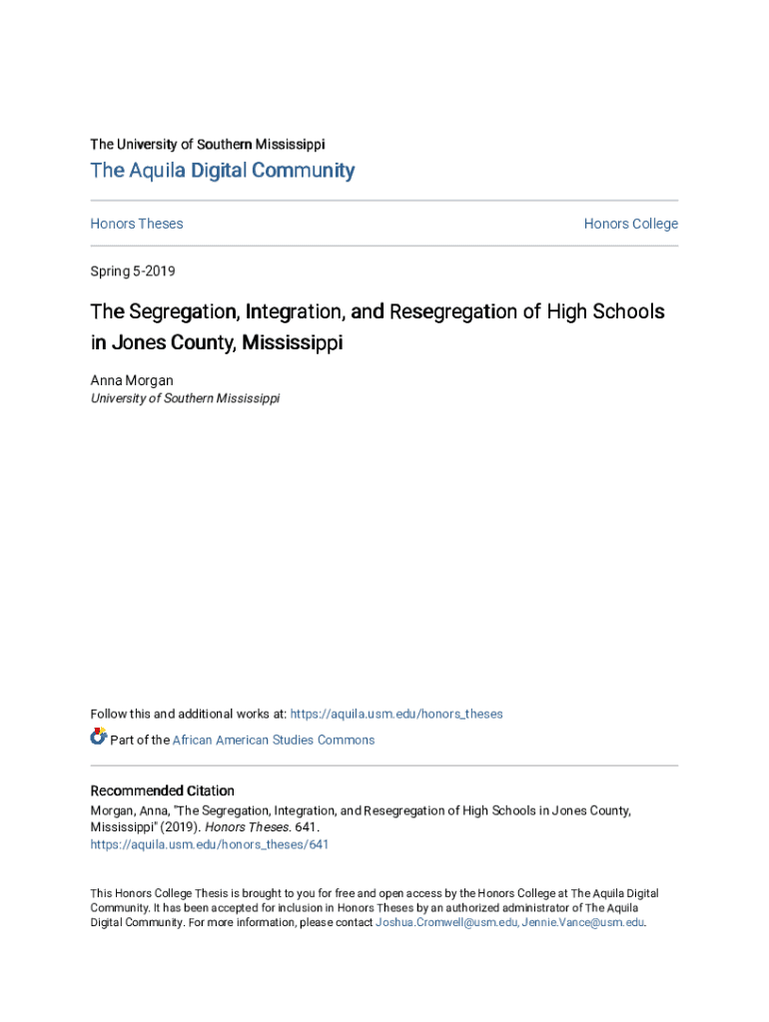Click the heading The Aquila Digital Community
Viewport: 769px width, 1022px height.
(222, 171)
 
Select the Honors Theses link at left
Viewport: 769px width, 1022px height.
(137, 224)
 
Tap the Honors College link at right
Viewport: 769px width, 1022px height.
(630, 224)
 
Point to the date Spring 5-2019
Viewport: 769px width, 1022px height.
(133, 271)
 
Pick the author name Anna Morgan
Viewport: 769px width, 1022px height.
(131, 380)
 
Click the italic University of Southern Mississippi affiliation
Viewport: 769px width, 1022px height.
(185, 398)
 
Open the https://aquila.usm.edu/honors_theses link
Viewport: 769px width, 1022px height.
(396, 715)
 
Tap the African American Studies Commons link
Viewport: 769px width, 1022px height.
(274, 741)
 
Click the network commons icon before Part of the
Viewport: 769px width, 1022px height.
(98, 738)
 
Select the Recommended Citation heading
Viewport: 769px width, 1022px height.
(162, 791)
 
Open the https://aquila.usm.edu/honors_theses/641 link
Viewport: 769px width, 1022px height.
(210, 844)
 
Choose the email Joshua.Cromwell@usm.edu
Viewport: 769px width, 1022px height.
(446, 923)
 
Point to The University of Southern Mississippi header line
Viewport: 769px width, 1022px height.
(207, 145)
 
